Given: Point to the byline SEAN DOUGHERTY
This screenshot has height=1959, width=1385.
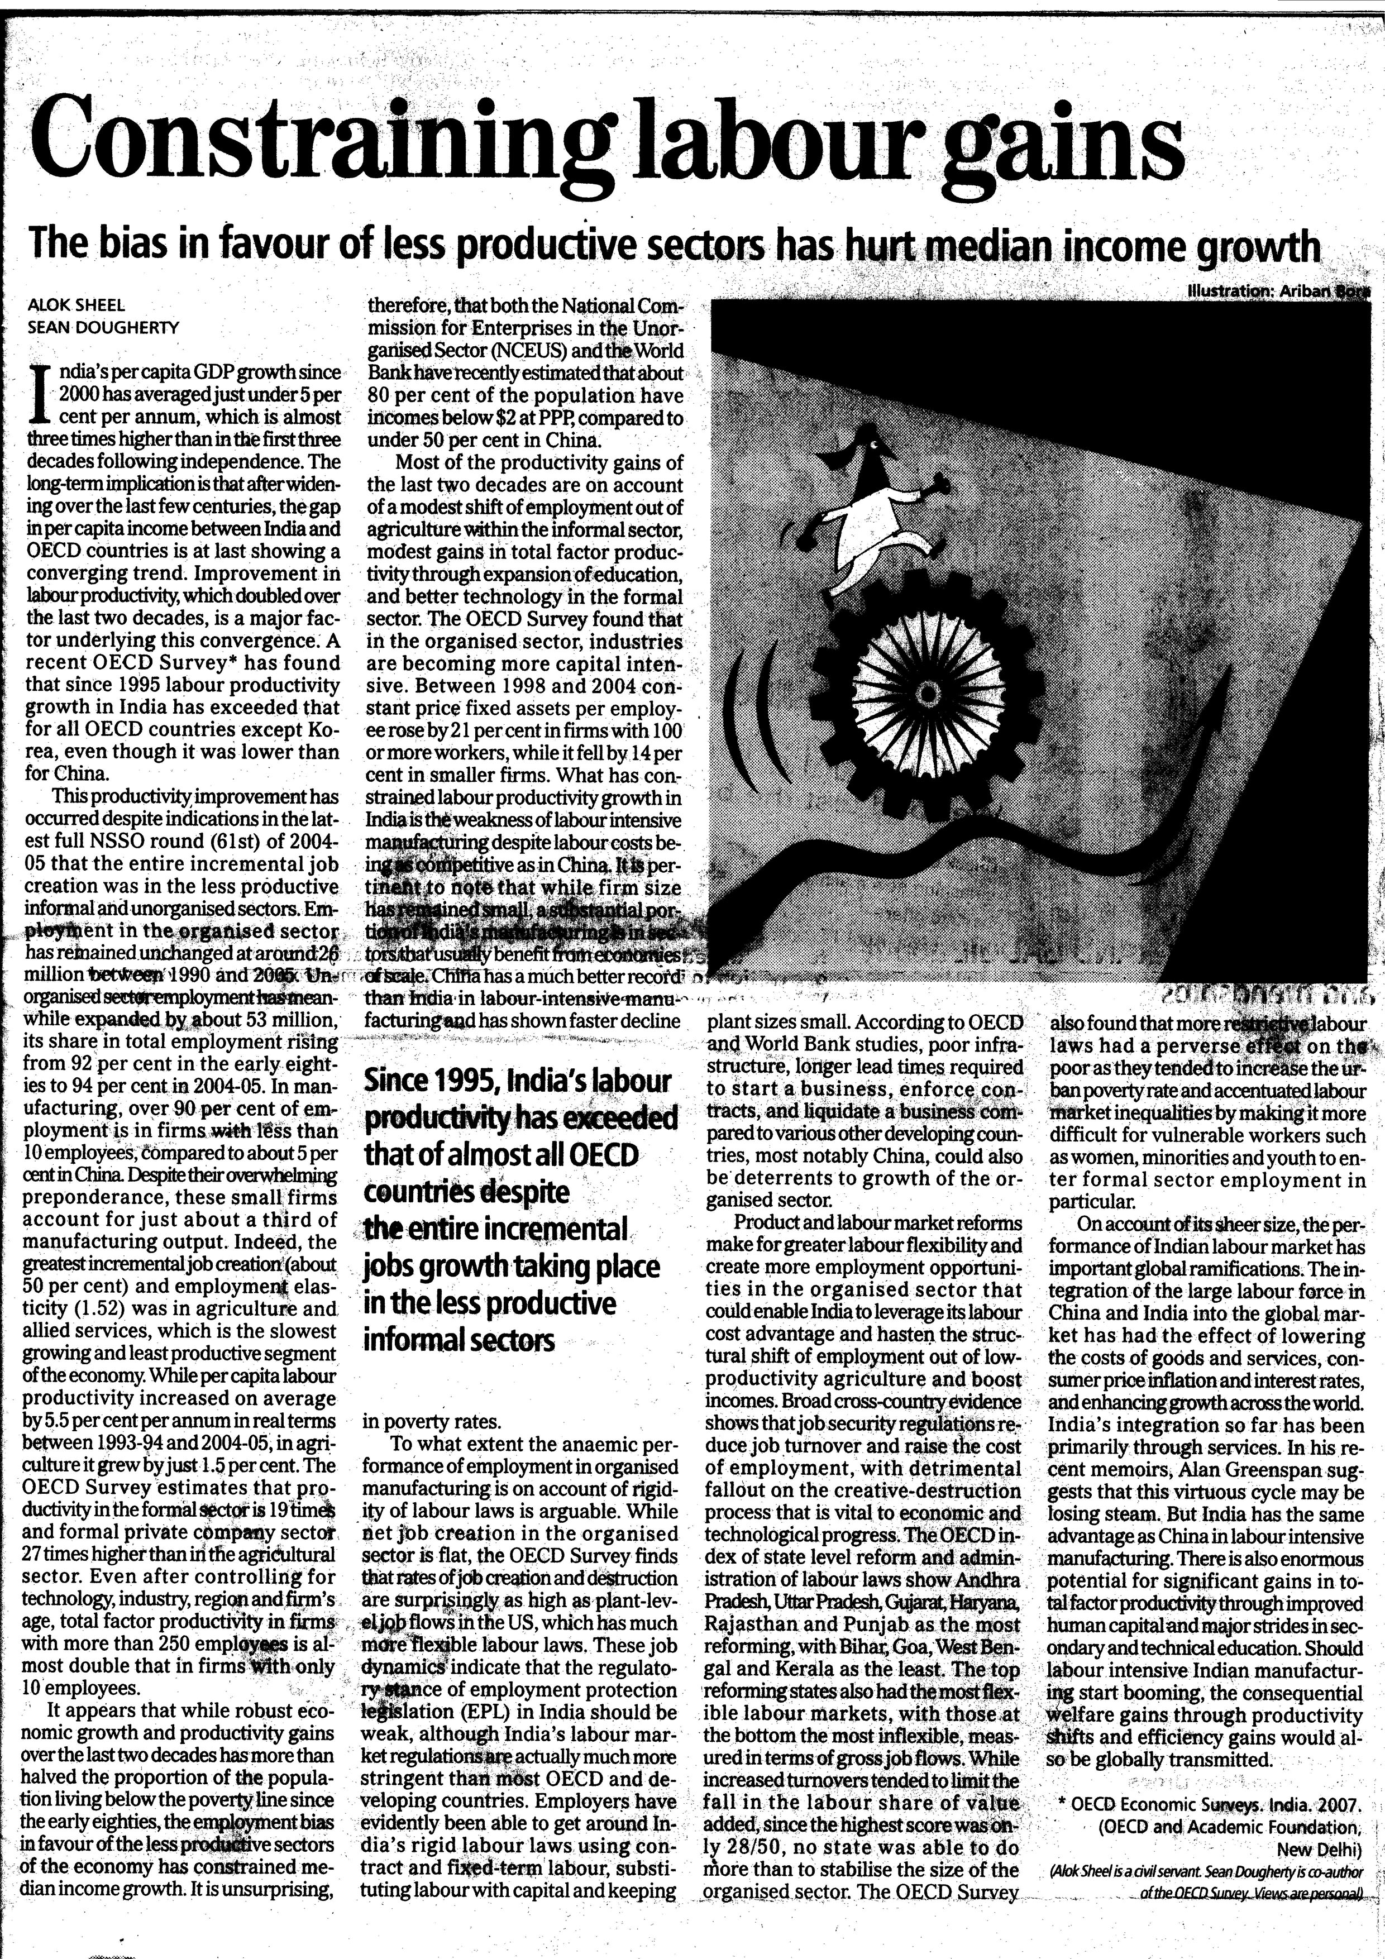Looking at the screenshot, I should pyautogui.click(x=104, y=326).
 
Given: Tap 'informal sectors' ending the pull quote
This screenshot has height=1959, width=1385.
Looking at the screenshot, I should pyautogui.click(x=459, y=1340).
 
